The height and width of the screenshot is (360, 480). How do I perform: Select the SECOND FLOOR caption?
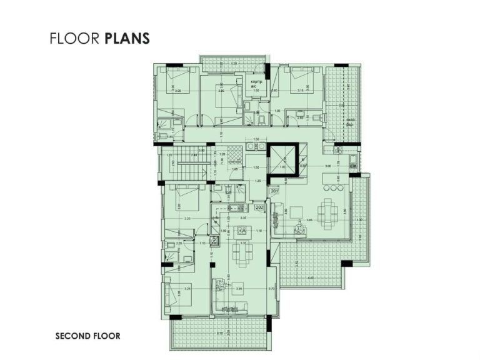(87, 336)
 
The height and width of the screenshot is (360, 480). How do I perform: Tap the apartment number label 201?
(275, 191)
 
